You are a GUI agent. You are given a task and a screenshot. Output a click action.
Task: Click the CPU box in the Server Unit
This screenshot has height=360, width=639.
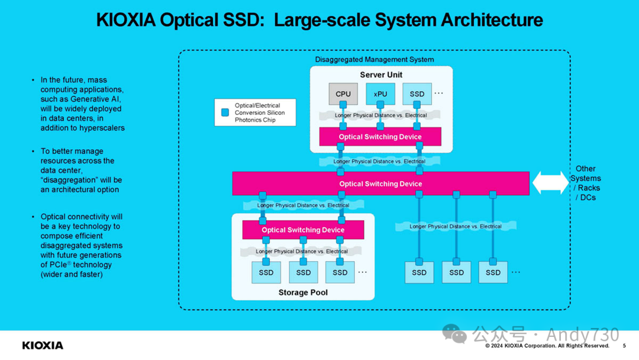[343, 94]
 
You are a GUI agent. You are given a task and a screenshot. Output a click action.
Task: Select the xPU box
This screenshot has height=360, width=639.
[380, 94]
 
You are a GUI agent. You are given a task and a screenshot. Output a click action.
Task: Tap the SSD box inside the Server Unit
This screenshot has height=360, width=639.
[417, 94]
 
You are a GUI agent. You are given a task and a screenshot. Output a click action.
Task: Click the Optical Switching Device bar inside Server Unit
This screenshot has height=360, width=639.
[380, 137]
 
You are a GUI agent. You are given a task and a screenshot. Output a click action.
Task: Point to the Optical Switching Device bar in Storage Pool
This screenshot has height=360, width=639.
[303, 230]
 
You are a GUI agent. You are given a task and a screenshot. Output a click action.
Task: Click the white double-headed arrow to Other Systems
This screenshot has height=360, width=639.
[550, 183]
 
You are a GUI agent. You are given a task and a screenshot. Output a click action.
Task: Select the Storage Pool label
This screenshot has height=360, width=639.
[303, 292]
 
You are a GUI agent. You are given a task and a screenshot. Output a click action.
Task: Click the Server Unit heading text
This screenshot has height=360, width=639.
[381, 75]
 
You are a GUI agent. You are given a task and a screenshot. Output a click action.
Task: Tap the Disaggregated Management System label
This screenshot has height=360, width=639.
[374, 60]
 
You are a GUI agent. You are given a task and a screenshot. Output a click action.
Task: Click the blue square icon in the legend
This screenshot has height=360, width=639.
[225, 112]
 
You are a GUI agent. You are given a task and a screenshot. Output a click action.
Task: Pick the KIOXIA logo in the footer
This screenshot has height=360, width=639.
[43, 345]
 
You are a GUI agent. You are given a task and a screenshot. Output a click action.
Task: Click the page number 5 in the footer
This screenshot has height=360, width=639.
[624, 346]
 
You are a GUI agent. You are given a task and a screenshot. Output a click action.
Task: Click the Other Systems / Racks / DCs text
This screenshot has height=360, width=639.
[586, 183]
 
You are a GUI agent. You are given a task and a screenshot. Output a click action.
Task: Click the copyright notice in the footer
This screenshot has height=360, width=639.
[547, 346]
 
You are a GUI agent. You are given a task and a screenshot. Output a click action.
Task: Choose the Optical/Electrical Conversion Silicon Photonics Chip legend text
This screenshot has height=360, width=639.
[259, 112]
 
